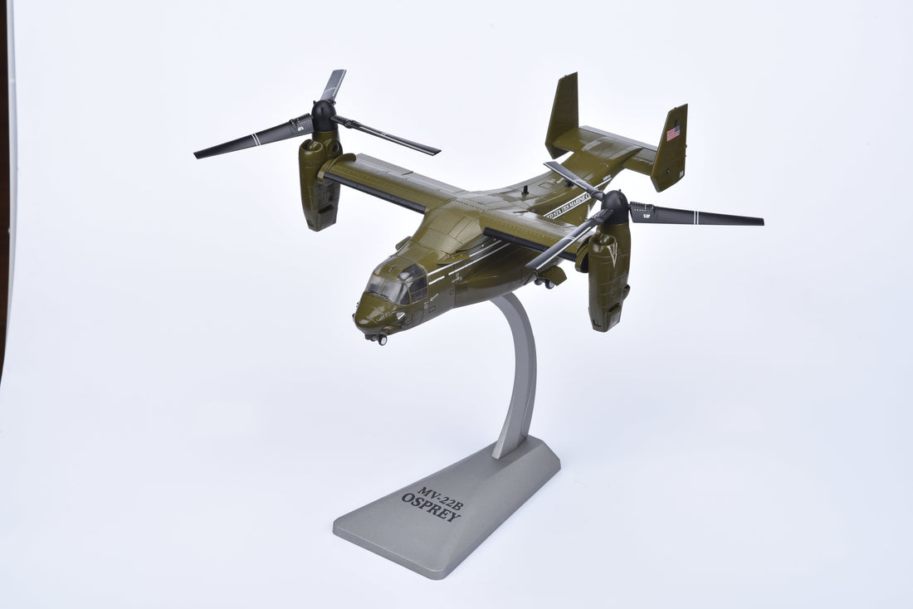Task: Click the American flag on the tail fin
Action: click(x=673, y=133)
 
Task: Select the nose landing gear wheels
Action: click(x=378, y=338)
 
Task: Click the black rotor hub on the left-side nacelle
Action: click(x=324, y=115)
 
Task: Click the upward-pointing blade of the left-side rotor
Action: click(x=334, y=84)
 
